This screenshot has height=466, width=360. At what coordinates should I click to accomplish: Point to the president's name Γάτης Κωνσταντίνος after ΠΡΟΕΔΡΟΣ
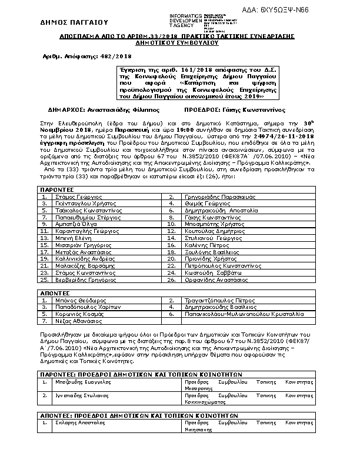pyautogui.click(x=249, y=109)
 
